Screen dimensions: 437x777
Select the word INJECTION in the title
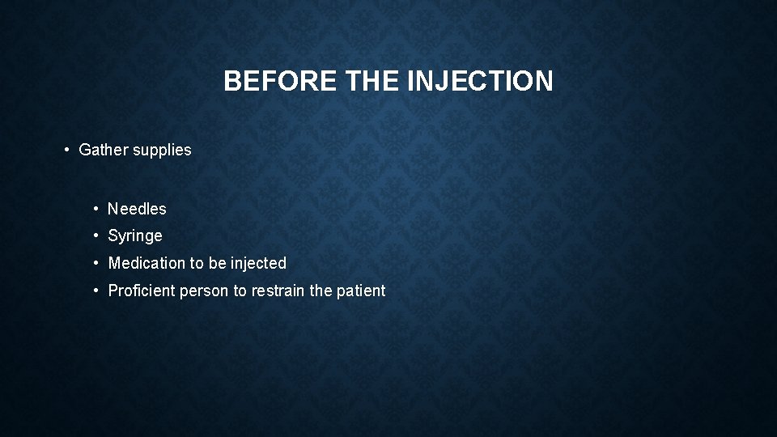483,81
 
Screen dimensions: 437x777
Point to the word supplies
163,151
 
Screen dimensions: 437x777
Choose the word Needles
137,209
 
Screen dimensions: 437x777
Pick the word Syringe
135,236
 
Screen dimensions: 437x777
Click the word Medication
146,263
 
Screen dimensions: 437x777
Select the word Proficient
142,291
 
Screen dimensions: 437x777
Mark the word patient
361,291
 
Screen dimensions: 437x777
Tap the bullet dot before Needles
96,209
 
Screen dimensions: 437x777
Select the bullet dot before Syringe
96,236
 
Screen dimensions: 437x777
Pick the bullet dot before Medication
96,263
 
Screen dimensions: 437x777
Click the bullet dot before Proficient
96,291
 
